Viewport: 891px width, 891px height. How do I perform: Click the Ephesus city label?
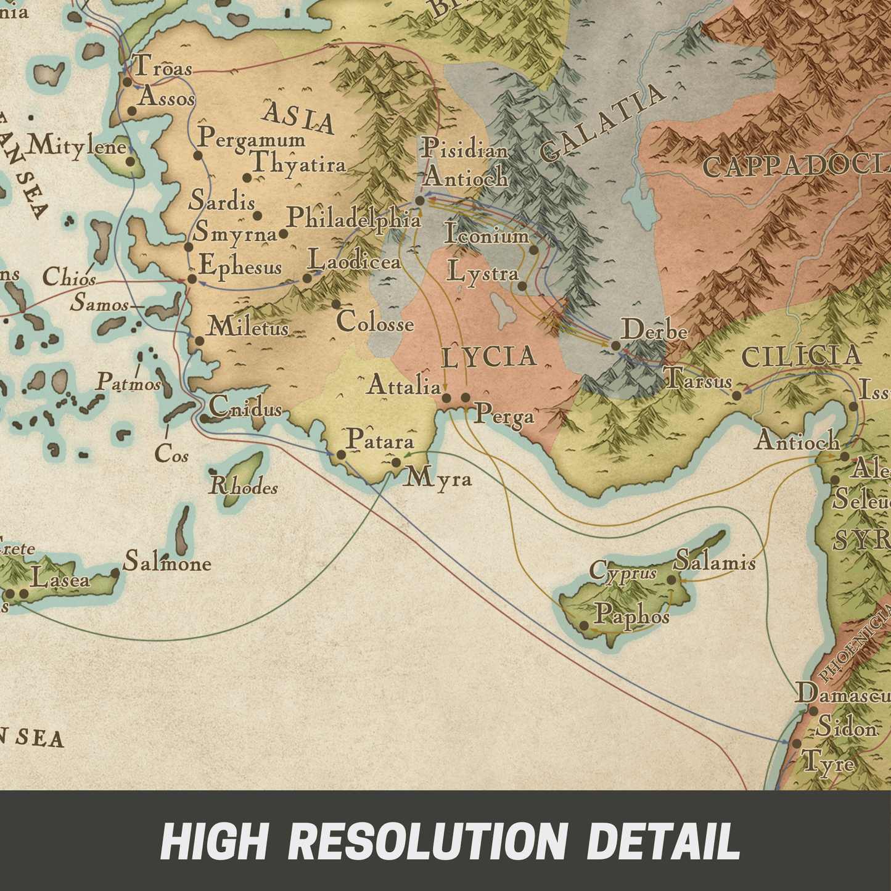[x=240, y=266]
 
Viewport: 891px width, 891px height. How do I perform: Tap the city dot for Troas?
[x=127, y=81]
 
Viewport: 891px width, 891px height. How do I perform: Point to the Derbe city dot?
[x=615, y=345]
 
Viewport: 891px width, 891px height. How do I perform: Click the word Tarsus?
[x=699, y=380]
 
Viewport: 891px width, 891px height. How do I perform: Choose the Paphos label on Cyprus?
[x=631, y=615]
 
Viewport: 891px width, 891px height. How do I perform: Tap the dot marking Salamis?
[x=671, y=580]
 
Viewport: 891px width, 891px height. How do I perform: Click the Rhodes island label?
[x=244, y=487]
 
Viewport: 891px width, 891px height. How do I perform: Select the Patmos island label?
[x=128, y=383]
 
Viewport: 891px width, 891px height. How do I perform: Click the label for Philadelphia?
[x=354, y=218]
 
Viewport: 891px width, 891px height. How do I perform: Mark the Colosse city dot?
[x=336, y=304]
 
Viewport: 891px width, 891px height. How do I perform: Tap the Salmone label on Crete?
[x=167, y=562]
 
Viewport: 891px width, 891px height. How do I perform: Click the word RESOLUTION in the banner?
[x=427, y=841]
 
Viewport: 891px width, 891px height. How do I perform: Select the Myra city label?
[x=438, y=478]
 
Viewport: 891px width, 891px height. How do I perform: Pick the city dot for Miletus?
[x=199, y=341]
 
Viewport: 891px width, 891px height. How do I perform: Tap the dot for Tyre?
[x=797, y=744]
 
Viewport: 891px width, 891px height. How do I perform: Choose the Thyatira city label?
[x=298, y=164]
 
